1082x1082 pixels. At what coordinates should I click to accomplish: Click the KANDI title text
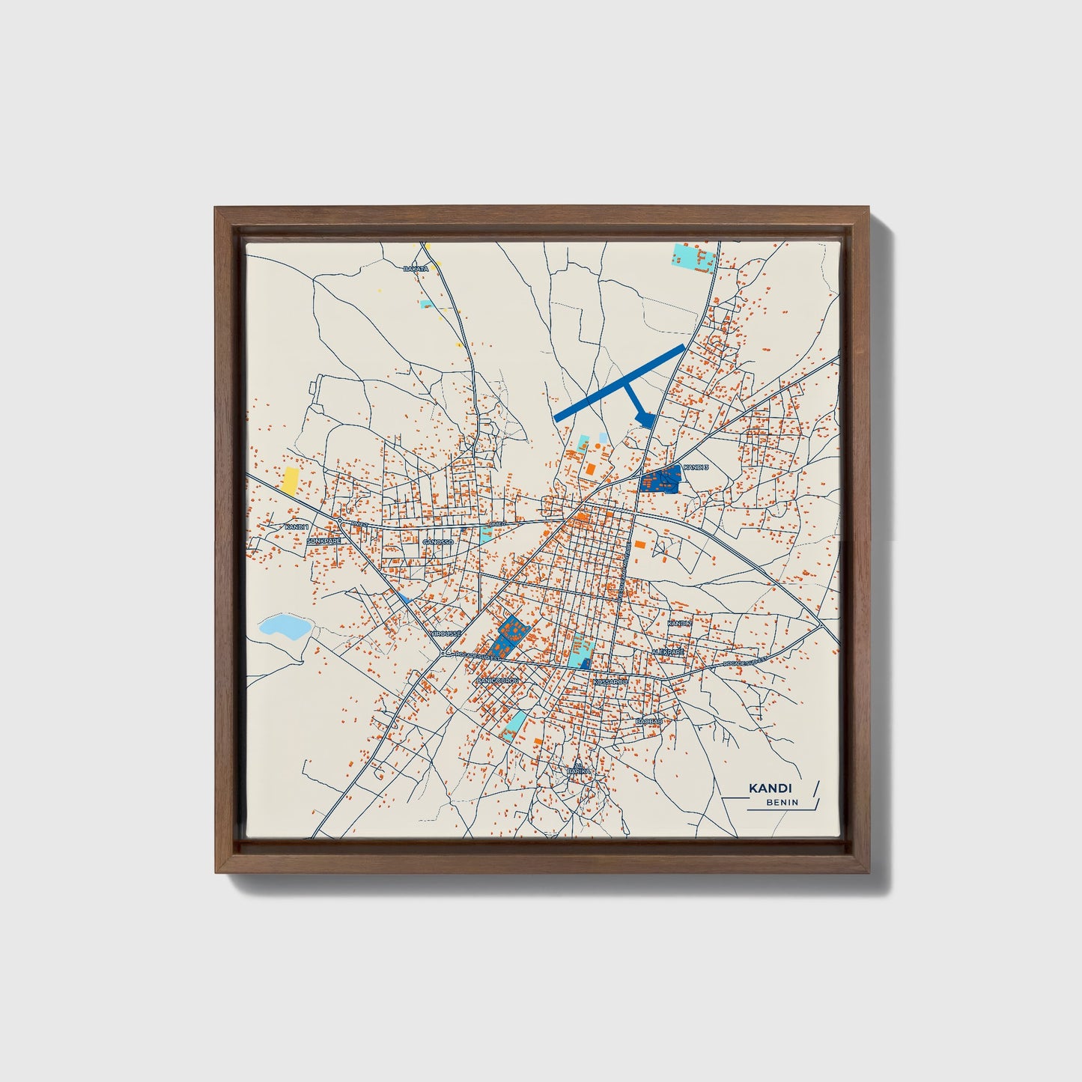click(771, 788)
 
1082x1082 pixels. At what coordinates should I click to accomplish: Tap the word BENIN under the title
click(782, 803)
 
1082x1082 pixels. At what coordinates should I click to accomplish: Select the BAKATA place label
click(416, 268)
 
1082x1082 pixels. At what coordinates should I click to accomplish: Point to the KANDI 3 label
click(696, 467)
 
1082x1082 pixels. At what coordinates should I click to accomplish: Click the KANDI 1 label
click(297, 527)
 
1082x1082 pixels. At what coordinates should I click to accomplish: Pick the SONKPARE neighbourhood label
click(323, 540)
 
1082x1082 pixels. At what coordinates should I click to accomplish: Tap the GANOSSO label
click(438, 541)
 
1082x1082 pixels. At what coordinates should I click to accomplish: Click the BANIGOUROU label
click(498, 680)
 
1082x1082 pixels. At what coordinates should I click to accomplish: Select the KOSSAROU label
click(609, 682)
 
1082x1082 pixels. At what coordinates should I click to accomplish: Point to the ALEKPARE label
click(668, 652)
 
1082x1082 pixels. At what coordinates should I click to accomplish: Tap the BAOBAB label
click(648, 721)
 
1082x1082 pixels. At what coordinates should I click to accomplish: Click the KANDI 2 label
click(679, 623)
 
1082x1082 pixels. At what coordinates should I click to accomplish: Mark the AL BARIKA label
click(578, 768)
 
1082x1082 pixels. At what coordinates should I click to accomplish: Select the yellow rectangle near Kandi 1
click(289, 481)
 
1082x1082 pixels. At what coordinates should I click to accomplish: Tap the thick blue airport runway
click(618, 381)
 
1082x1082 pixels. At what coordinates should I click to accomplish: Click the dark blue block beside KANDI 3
click(660, 478)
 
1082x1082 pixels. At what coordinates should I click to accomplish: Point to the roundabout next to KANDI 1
click(340, 520)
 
